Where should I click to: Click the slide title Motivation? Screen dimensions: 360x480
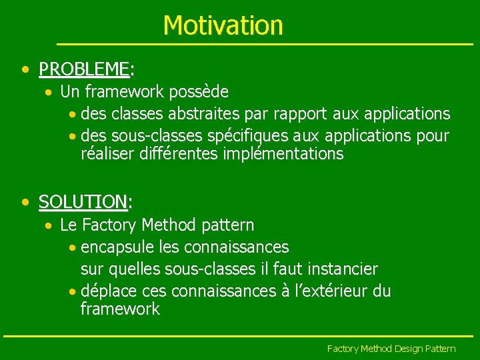pyautogui.click(x=223, y=25)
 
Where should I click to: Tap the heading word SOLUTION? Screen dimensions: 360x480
pyautogui.click(x=83, y=201)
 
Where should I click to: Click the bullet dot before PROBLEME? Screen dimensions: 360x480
pyautogui.click(x=25, y=69)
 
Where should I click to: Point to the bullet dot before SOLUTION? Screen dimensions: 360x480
pyautogui.click(x=25, y=201)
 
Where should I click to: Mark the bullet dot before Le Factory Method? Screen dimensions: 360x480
pyautogui.click(x=50, y=225)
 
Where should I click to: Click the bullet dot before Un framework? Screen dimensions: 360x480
pyautogui.click(x=50, y=91)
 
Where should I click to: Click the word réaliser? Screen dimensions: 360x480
pyautogui.click(x=108, y=155)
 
